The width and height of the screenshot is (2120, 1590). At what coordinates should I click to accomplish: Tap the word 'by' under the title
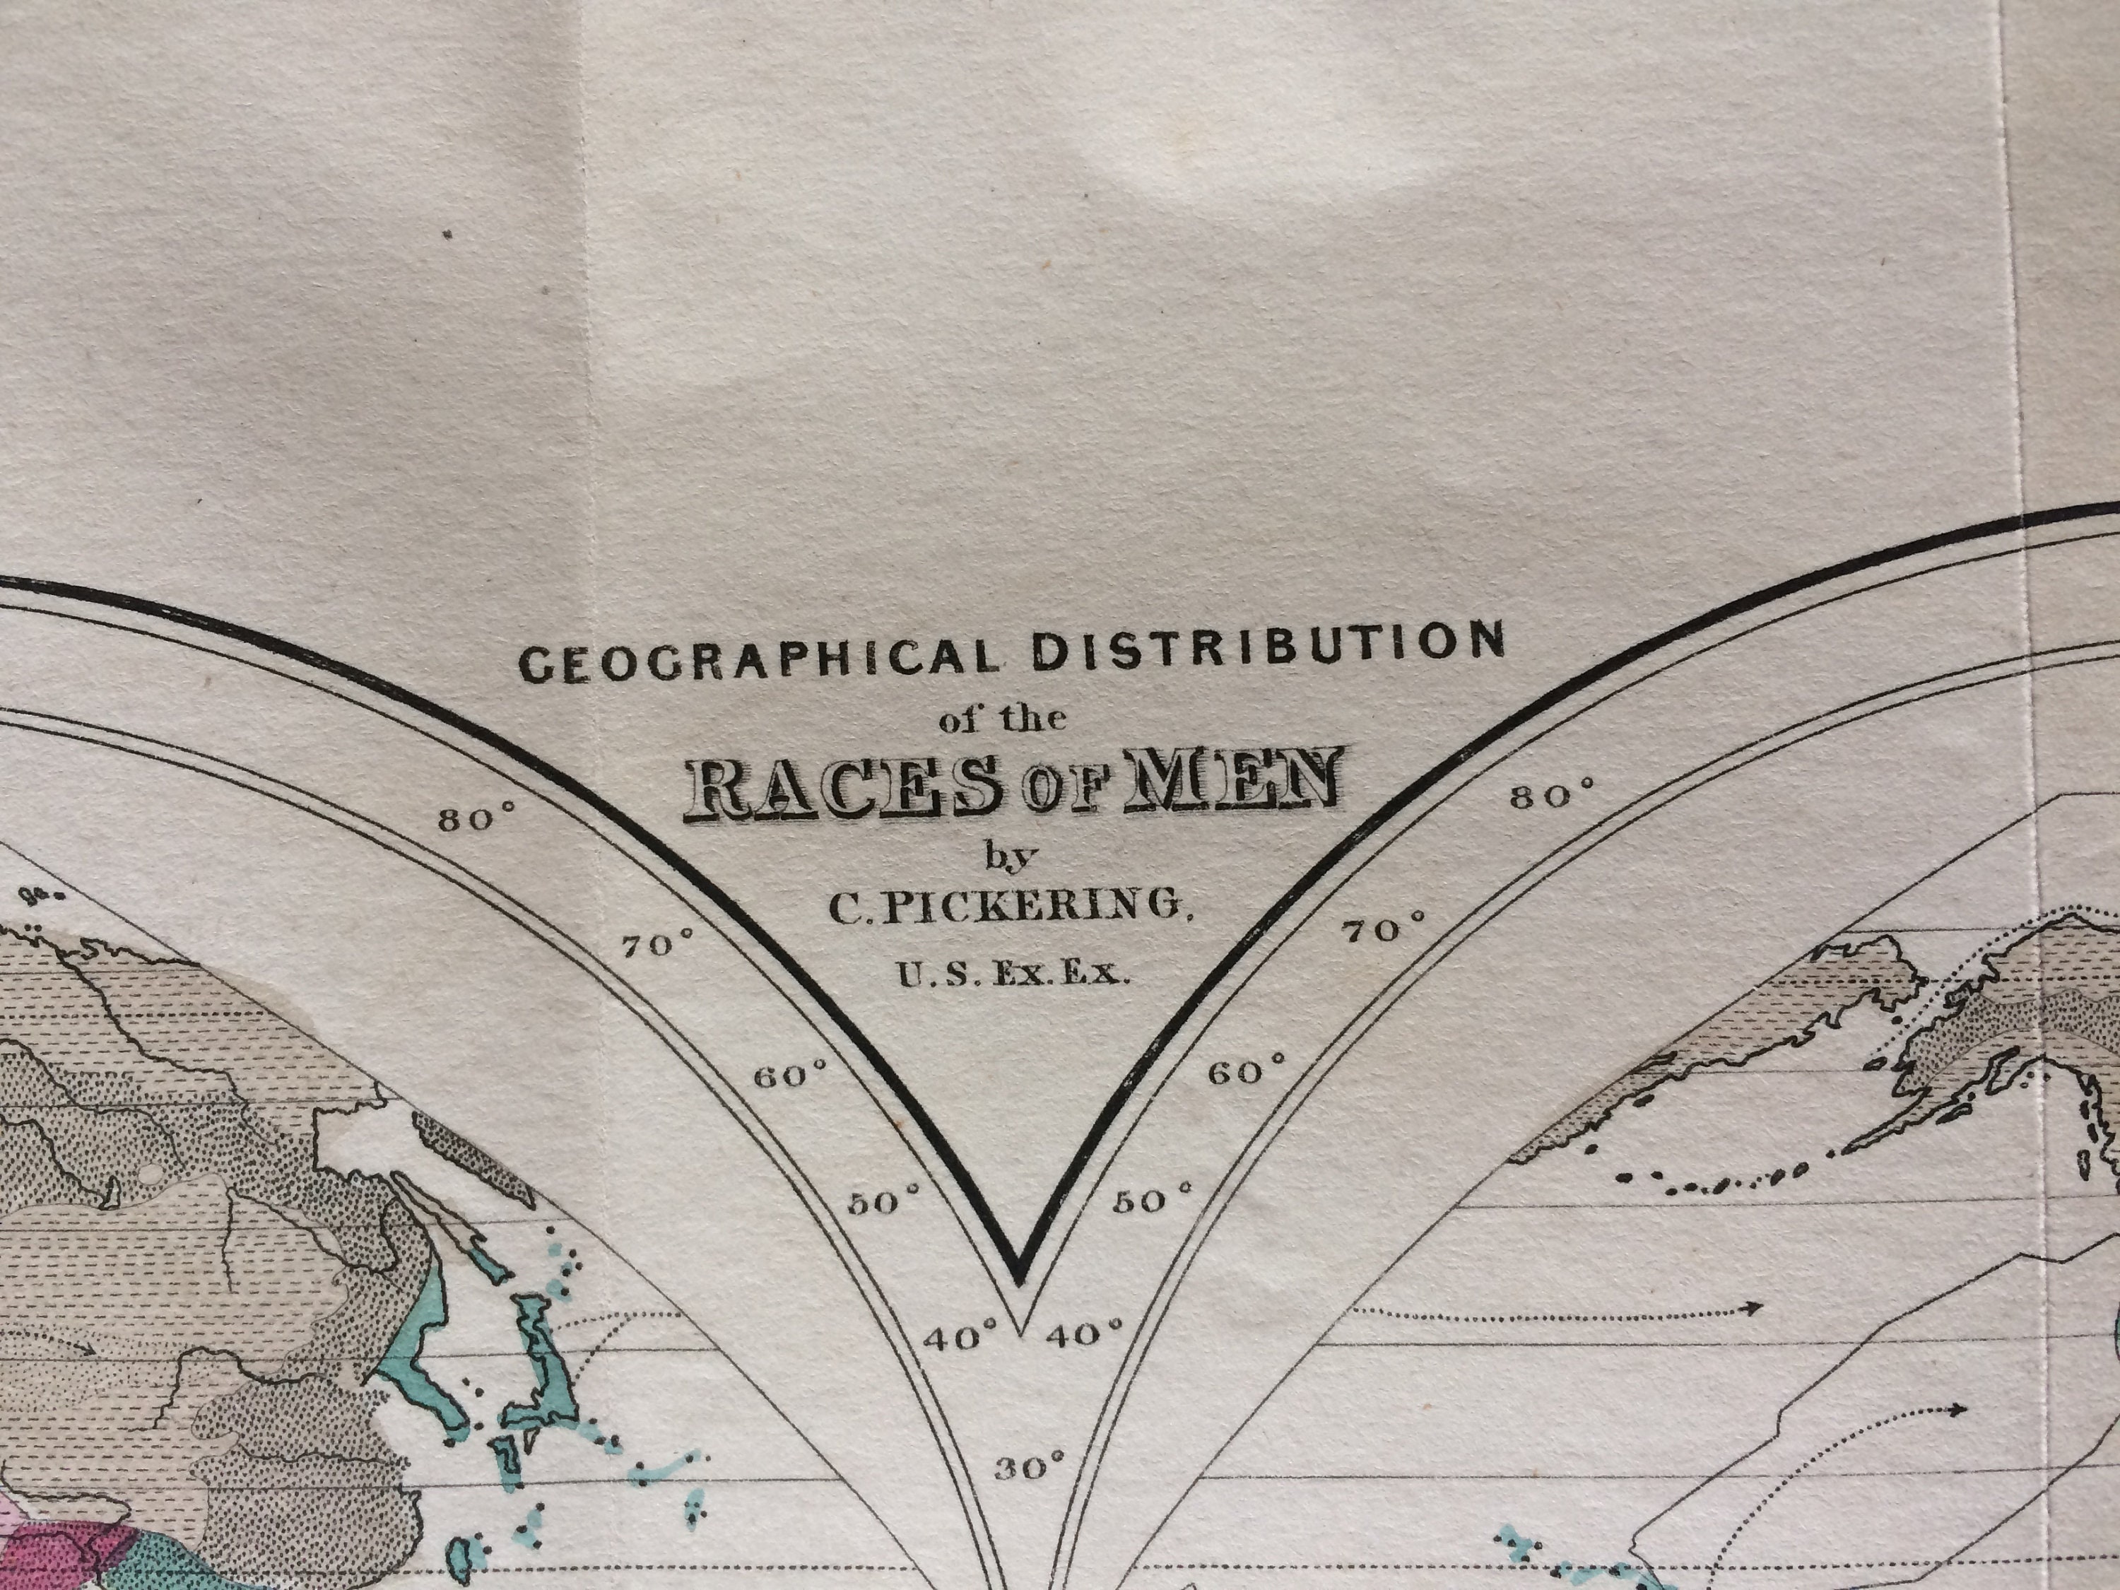[1012, 855]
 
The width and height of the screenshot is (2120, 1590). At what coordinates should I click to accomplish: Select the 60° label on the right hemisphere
[1246, 1071]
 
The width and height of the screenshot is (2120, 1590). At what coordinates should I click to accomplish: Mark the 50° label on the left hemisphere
[883, 1201]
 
